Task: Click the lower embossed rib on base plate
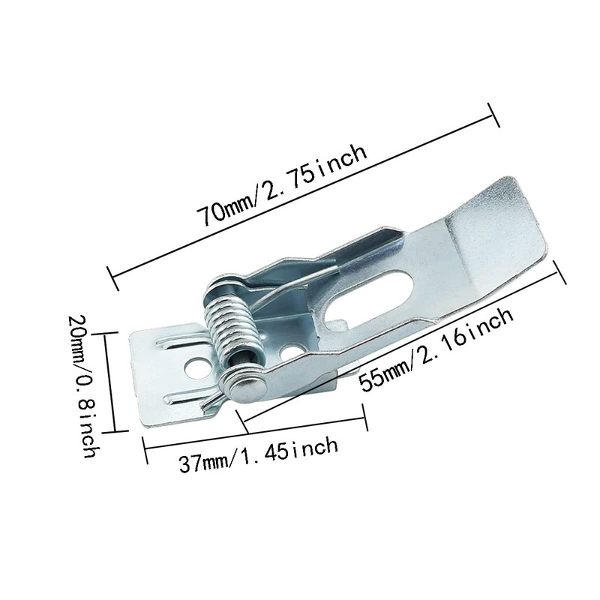(184, 395)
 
